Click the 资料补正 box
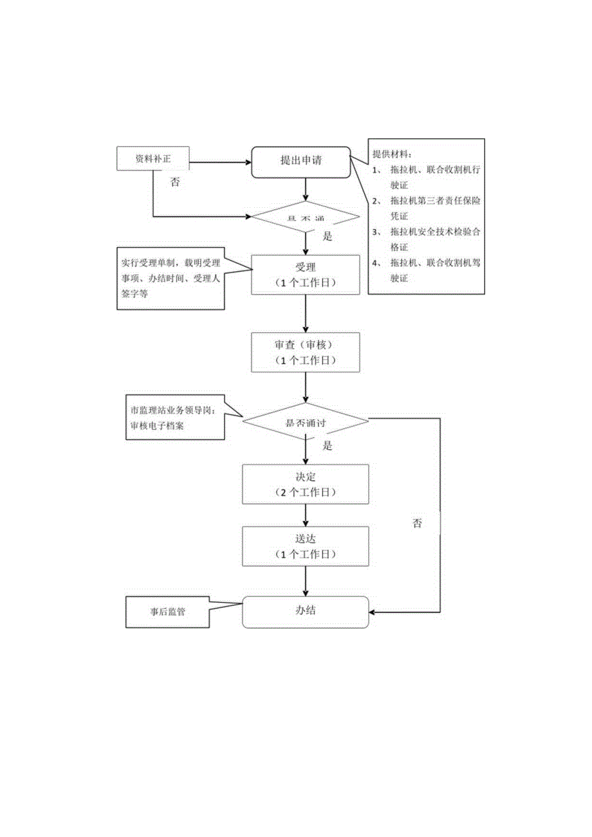pyautogui.click(x=153, y=159)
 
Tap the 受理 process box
pyautogui.click(x=305, y=275)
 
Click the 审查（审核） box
pyautogui.click(x=305, y=352)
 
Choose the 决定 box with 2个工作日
pyautogui.click(x=305, y=484)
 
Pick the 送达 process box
pyautogui.click(x=305, y=546)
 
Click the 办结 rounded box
pyautogui.click(x=305, y=612)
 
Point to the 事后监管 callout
pyautogui.click(x=167, y=612)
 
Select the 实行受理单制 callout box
pyautogui.click(x=171, y=279)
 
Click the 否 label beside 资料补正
pyautogui.click(x=175, y=182)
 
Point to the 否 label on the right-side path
pyautogui.click(x=417, y=523)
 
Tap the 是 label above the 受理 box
pyautogui.click(x=327, y=237)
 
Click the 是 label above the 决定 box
pyautogui.click(x=327, y=446)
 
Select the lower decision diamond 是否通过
pyautogui.click(x=305, y=422)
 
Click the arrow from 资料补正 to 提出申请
pyautogui.click(x=219, y=162)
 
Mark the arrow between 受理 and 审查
pyautogui.click(x=306, y=313)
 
